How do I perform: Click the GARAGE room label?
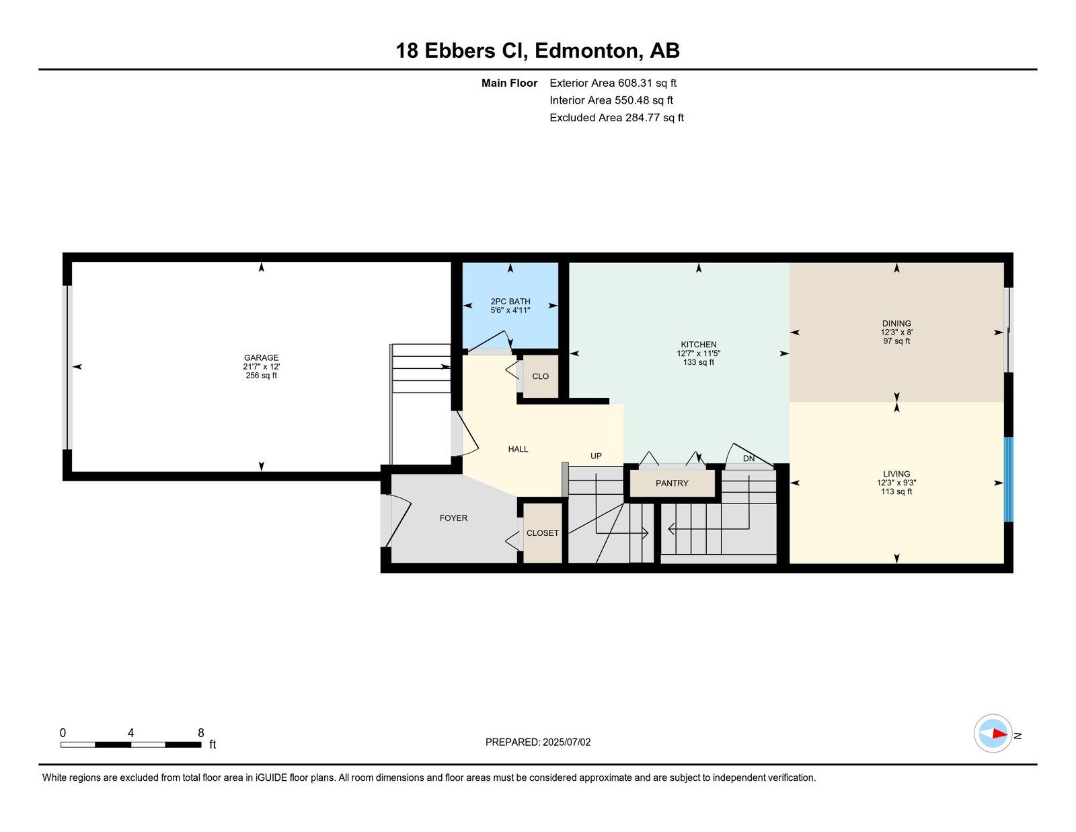(261, 357)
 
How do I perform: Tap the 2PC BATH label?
(510, 302)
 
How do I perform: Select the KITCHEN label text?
(698, 345)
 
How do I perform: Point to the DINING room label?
(896, 323)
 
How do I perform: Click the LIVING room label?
(896, 474)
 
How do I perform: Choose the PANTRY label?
(672, 483)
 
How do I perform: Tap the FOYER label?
(453, 518)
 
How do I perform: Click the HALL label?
(518, 449)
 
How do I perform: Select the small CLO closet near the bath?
(540, 376)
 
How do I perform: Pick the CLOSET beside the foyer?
(542, 532)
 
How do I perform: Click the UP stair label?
(596, 456)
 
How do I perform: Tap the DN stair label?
(748, 458)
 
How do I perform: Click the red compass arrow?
(999, 734)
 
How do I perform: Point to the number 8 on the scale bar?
(201, 732)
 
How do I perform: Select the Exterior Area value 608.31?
(636, 83)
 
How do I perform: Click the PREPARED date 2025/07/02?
(566, 742)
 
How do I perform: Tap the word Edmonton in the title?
(586, 50)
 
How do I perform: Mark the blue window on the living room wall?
(1008, 479)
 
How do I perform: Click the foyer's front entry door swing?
(399, 521)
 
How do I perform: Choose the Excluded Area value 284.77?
(643, 117)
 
